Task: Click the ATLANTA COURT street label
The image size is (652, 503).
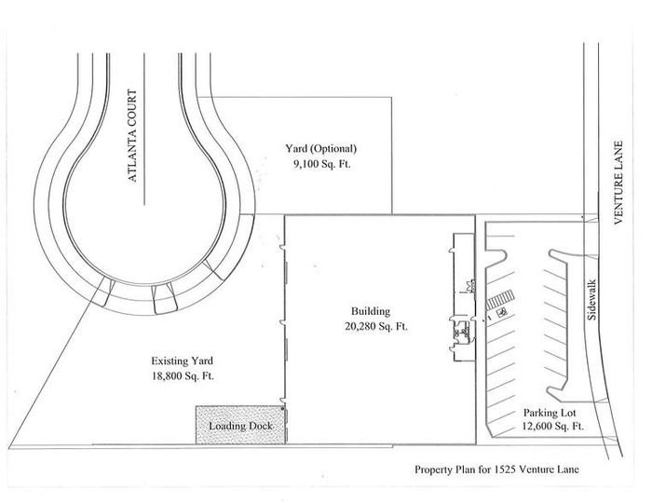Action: (132, 135)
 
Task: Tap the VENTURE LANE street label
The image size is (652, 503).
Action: (618, 183)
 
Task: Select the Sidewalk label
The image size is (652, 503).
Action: (591, 299)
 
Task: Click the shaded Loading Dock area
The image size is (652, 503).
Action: (240, 425)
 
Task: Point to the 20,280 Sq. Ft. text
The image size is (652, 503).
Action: (376, 326)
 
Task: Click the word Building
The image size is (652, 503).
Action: (371, 311)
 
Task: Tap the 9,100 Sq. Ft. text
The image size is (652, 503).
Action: (322, 164)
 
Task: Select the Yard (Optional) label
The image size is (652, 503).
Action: (321, 148)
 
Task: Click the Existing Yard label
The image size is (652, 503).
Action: (183, 360)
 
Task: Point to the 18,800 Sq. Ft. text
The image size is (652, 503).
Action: (183, 376)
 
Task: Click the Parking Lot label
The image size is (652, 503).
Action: (550, 413)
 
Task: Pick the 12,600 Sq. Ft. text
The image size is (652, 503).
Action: (553, 427)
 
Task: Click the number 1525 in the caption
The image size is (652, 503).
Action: (505, 469)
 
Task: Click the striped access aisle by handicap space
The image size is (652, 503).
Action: (500, 300)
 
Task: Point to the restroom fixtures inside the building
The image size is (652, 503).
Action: (462, 332)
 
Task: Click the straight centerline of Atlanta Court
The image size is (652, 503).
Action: (144, 129)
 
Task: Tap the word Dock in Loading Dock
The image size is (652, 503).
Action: (260, 426)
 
